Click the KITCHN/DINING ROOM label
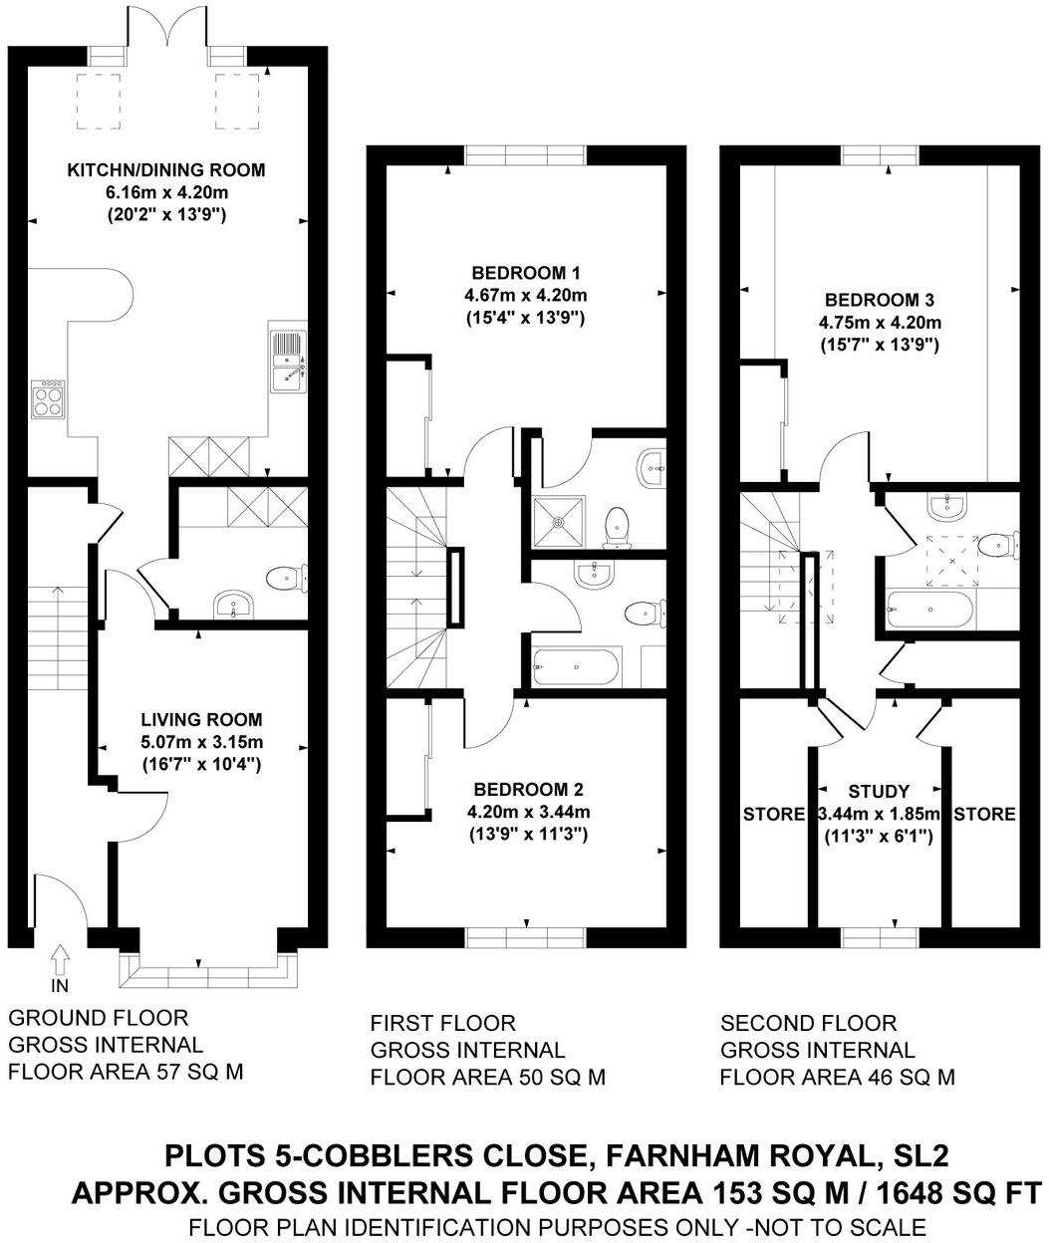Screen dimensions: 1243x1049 (x=166, y=170)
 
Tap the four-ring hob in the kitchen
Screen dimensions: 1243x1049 (x=48, y=399)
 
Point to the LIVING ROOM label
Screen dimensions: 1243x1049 (x=201, y=719)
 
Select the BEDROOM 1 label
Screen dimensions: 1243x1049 (x=526, y=272)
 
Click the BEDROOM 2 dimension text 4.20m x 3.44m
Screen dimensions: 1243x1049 (x=527, y=811)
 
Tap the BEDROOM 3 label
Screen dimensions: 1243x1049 (x=879, y=299)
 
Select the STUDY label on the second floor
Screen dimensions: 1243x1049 (x=879, y=791)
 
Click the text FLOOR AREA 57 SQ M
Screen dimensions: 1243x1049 (x=126, y=1072)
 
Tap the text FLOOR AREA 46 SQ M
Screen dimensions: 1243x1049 (x=837, y=1077)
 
